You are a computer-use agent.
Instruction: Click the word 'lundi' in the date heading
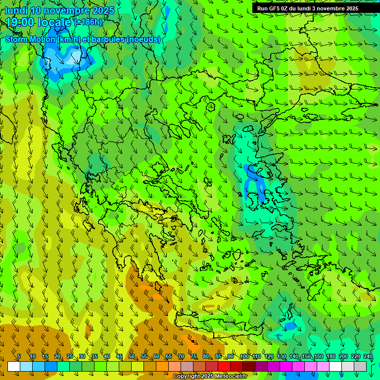click(16, 10)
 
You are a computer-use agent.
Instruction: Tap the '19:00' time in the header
click(21, 22)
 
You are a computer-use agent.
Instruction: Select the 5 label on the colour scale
click(19, 357)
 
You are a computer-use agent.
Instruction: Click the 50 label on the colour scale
click(132, 357)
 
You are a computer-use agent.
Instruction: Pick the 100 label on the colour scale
click(244, 357)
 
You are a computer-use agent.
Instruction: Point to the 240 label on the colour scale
click(368, 357)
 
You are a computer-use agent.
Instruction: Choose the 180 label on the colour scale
click(331, 357)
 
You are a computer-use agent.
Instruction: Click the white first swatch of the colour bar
click(13, 367)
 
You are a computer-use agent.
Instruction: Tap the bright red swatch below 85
click(224, 367)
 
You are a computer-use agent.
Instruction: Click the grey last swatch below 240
click(360, 367)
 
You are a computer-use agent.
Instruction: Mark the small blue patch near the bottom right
click(289, 326)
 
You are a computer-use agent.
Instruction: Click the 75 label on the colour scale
click(193, 357)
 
